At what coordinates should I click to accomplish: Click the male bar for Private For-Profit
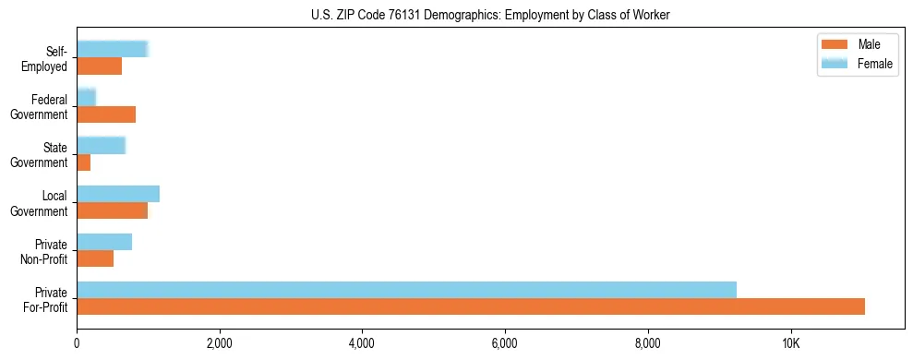pos(471,306)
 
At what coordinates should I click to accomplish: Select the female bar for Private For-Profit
pos(406,290)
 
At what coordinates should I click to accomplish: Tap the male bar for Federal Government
pos(106,114)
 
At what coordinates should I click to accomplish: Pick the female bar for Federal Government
pos(87,97)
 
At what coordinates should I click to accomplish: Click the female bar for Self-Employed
pos(113,49)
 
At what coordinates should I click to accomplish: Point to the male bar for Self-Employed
pos(100,66)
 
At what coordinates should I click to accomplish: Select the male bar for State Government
pos(84,162)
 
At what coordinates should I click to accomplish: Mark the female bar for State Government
pos(102,145)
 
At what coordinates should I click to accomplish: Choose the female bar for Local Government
pos(118,194)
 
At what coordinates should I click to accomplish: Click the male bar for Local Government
pos(113,210)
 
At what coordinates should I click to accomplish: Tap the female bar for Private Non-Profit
pos(104,242)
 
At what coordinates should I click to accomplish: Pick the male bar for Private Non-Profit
pos(95,258)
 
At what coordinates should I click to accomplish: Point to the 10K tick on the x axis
pos(791,343)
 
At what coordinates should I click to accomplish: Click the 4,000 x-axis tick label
pos(362,343)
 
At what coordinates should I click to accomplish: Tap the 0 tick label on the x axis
pos(78,343)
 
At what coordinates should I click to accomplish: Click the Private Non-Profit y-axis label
pos(47,251)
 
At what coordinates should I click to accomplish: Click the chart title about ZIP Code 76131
pos(490,14)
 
